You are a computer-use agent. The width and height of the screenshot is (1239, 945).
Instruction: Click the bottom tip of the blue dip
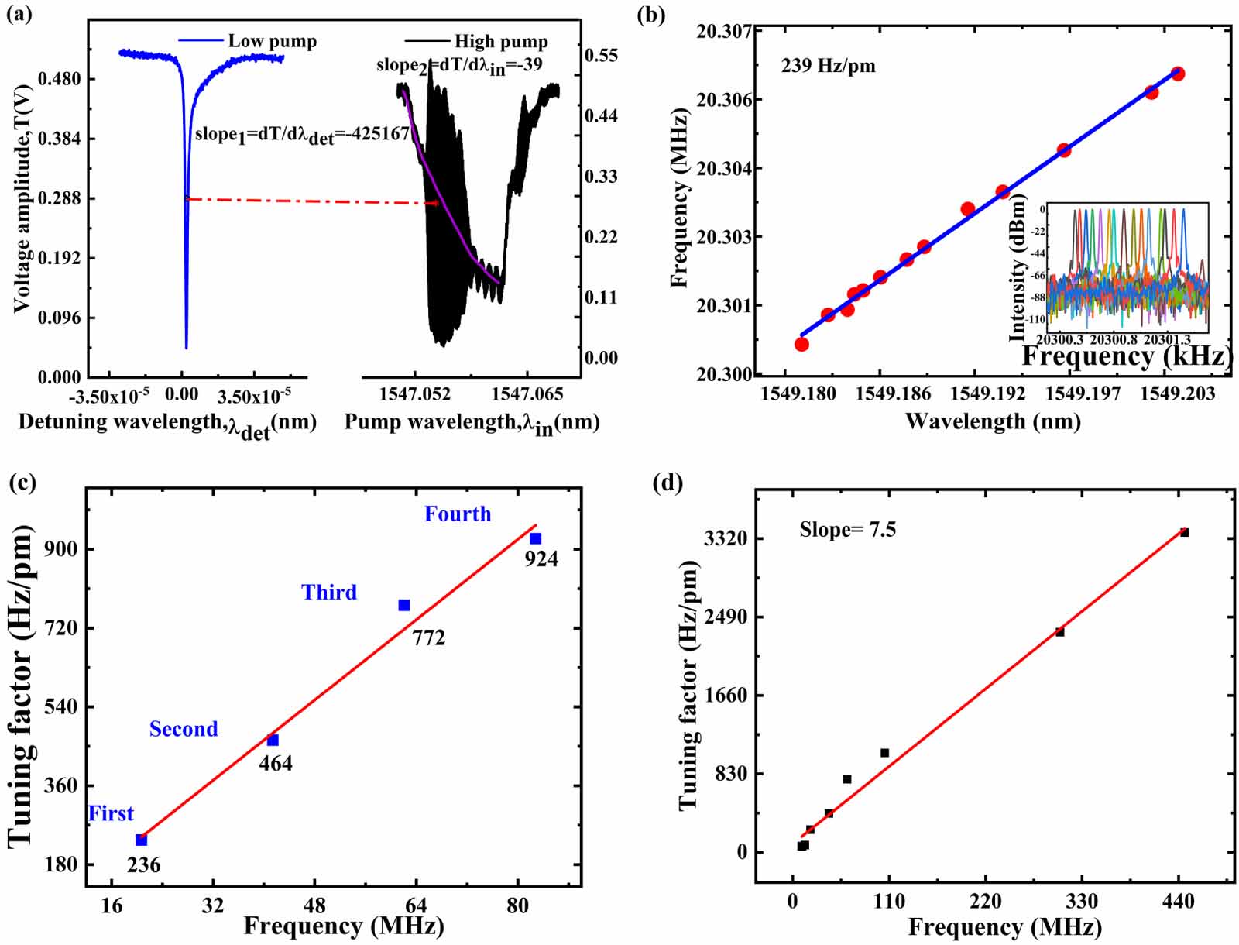186,348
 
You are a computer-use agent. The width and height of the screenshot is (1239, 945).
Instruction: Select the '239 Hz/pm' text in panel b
828,66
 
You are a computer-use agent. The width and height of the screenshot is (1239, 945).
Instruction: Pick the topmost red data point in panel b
1178,74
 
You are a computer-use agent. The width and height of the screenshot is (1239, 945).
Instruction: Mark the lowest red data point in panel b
801,344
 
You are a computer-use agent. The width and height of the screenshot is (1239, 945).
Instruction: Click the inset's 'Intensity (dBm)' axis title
1018,268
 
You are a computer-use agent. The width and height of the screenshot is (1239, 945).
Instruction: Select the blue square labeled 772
404,605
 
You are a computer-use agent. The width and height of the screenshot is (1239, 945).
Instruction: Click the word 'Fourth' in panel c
458,514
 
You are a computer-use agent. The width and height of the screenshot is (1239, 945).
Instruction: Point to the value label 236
144,864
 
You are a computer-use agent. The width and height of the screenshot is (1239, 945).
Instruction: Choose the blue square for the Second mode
273,741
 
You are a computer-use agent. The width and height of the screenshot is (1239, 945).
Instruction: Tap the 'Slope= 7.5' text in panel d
847,530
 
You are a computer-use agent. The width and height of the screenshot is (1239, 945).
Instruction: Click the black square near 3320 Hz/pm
1184,532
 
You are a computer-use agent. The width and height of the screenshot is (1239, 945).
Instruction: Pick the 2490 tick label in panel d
725,617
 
